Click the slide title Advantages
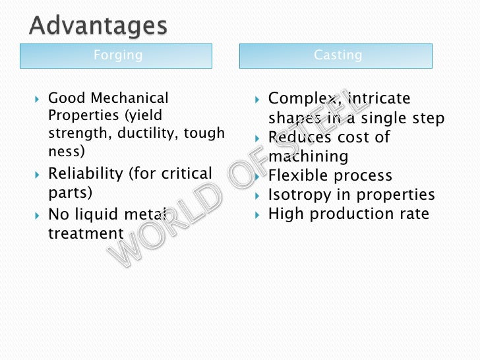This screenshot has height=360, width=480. tap(98, 26)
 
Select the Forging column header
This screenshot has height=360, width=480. tap(117, 55)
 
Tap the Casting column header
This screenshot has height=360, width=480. tap(338, 55)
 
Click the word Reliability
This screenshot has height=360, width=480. tap(86, 174)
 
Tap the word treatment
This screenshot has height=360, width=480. tap(86, 233)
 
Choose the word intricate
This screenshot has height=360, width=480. tap(378, 99)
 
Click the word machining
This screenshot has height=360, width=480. tap(308, 157)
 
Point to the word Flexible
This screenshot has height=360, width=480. tap(298, 176)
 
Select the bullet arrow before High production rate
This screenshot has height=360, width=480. tap(258, 214)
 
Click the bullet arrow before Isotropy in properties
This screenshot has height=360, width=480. tap(258, 195)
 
